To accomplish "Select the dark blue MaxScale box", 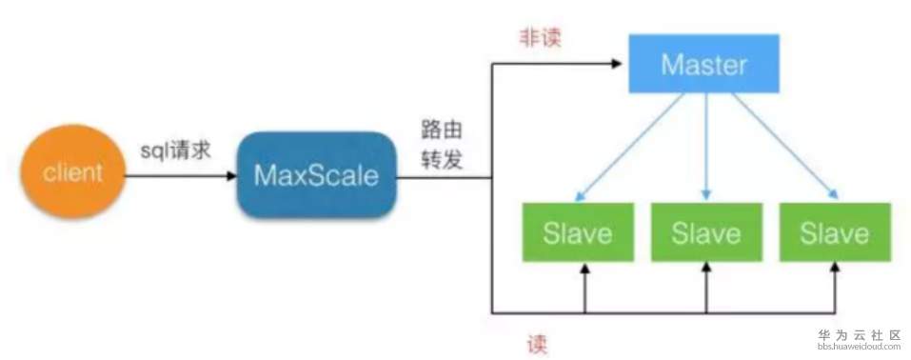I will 315,176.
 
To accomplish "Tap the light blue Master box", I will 704,65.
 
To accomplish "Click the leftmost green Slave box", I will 576,231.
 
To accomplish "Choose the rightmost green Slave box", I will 834,231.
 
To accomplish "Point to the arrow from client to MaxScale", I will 182,176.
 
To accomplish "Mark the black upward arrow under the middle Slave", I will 705,286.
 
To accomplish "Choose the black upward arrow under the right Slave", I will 835,286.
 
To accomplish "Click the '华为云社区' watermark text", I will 854,335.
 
